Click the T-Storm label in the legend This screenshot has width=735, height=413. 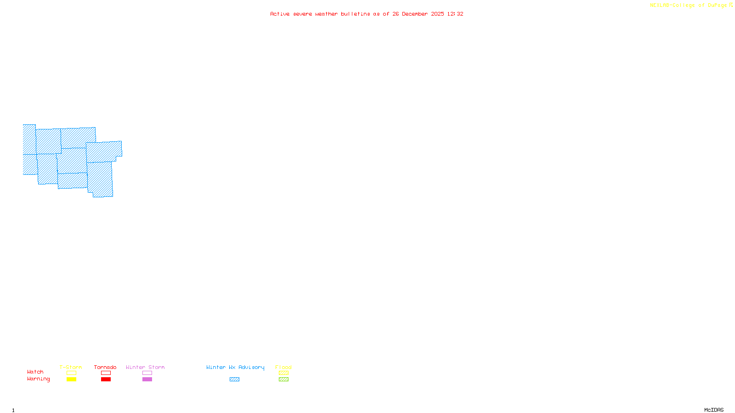[x=71, y=367]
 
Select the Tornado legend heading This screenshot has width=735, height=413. [x=105, y=367]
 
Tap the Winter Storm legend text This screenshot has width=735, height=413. [x=145, y=367]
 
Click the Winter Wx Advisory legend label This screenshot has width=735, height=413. [x=235, y=367]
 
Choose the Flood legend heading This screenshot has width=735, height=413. [x=283, y=367]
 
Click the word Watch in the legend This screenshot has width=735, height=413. [x=35, y=372]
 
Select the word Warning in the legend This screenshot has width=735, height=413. [x=39, y=379]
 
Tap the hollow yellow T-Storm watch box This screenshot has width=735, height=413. [x=71, y=373]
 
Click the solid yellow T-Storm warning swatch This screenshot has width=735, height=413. [x=71, y=380]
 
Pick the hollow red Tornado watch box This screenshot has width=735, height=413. [x=106, y=373]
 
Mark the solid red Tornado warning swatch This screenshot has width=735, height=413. [x=106, y=380]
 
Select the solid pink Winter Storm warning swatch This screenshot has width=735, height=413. [x=147, y=380]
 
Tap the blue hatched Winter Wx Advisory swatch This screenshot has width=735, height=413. [x=234, y=380]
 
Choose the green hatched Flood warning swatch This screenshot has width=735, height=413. [x=283, y=380]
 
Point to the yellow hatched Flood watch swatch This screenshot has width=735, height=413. [x=283, y=373]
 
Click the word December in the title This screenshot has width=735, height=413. [x=415, y=14]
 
